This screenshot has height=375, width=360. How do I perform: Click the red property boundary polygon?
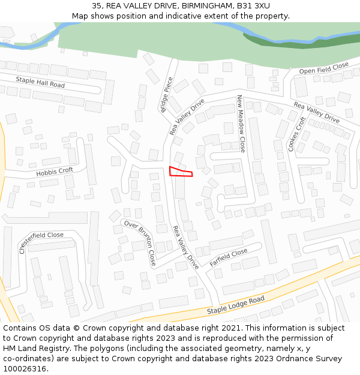click(x=180, y=172)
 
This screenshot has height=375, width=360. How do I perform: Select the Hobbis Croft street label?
click(x=55, y=172)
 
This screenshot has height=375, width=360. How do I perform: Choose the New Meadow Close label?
click(x=241, y=124)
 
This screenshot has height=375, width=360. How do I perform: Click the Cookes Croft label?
click(x=297, y=134)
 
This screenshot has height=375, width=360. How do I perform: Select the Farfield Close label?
click(x=229, y=257)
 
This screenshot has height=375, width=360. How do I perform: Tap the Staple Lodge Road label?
click(x=236, y=305)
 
